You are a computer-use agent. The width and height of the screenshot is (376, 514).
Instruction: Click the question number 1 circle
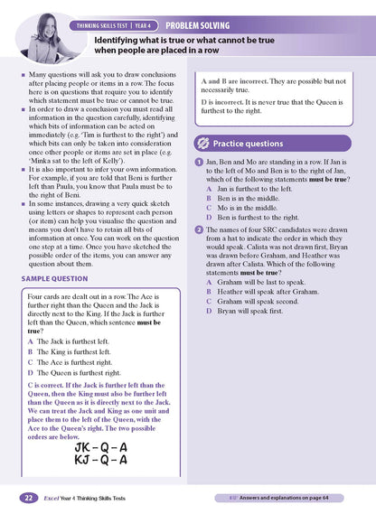click(x=200, y=161)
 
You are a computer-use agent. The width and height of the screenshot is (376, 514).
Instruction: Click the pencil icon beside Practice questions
click(x=204, y=143)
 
